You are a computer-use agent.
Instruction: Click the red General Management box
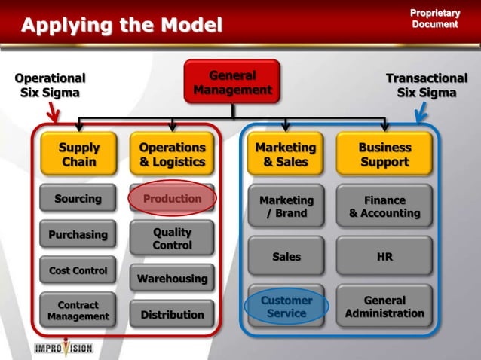232,82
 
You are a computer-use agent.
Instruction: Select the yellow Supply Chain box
78,154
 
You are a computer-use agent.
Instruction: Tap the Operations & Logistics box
172,154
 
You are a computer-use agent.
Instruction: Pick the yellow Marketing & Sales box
286,154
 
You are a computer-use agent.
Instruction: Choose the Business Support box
384,154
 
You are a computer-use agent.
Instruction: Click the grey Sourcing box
78,199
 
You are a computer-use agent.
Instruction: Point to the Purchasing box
78,234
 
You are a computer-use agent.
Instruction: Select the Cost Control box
78,270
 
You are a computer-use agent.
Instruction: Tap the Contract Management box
78,311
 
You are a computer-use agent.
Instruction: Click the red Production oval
172,199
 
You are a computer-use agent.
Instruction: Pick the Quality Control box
172,239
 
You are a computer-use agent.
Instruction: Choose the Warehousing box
172,279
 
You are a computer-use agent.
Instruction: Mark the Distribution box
172,314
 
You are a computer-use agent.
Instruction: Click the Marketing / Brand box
286,206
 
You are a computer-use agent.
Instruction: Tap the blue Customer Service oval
286,307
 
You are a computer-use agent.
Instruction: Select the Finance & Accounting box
384,206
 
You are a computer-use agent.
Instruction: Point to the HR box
384,257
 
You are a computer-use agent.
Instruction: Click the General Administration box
384,307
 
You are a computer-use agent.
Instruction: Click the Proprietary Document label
434,18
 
